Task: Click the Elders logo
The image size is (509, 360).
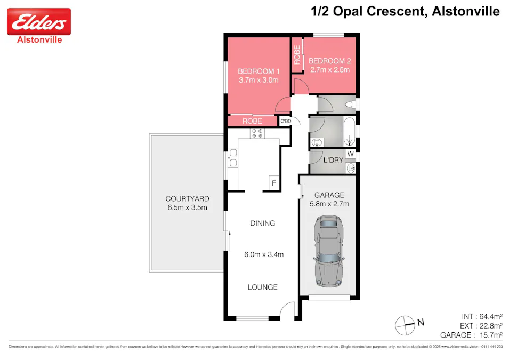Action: [x=38, y=22]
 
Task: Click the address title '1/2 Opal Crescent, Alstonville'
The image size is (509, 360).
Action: [x=405, y=11]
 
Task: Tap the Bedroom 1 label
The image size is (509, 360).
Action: [x=258, y=71]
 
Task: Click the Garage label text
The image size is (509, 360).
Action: [x=329, y=195]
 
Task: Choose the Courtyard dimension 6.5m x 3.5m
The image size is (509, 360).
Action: [x=187, y=207]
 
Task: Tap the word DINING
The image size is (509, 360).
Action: [x=262, y=223]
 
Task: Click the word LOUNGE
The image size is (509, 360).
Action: [x=262, y=287]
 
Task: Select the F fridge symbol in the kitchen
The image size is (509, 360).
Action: [x=273, y=183]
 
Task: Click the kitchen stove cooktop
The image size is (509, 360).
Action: [x=258, y=133]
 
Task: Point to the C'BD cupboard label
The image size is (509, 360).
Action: [x=286, y=122]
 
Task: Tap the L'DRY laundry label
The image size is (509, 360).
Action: [x=333, y=160]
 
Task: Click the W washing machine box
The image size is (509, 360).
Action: [x=350, y=154]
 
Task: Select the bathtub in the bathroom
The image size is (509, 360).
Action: [x=349, y=132]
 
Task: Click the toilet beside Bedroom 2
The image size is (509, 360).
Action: [x=350, y=103]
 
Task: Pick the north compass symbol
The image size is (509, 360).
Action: [x=405, y=323]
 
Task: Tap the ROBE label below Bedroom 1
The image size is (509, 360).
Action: [x=252, y=121]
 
